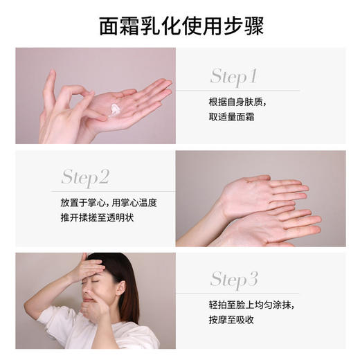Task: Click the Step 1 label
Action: pos(233,75)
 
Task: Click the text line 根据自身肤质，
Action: pos(237,102)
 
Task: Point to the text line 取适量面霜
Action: pos(231,116)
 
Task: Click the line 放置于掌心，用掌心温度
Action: pos(108,204)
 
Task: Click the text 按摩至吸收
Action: pos(231,321)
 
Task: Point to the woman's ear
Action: pos(120,287)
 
